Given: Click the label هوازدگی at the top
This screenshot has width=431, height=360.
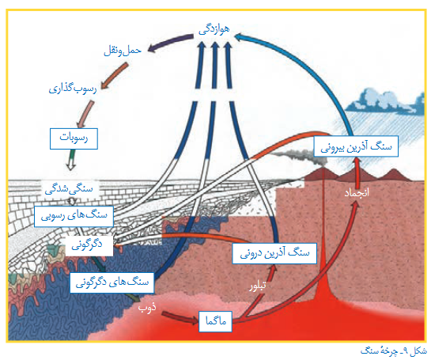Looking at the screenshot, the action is [x=214, y=29].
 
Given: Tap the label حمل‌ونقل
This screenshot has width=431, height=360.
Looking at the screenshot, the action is [x=123, y=51].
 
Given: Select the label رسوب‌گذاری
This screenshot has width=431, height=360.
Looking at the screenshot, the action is [x=73, y=89].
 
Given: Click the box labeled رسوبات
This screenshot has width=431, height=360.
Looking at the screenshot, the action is [x=74, y=138].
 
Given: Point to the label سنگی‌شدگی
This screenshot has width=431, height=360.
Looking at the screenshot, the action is [x=69, y=189].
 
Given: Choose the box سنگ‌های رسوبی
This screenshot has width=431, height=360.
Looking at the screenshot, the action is [x=74, y=217].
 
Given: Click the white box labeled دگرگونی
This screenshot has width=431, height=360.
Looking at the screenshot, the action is [x=89, y=245].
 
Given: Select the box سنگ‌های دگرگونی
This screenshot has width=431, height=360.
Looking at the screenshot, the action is [x=112, y=282].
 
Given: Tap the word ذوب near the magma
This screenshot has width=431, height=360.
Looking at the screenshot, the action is [x=147, y=308].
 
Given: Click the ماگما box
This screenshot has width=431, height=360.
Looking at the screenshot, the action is [x=215, y=321].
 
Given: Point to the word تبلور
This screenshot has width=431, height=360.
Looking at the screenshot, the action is [x=258, y=286].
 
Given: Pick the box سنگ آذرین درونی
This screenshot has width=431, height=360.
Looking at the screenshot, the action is [x=274, y=253].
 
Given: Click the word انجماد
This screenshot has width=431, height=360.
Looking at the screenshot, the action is [x=357, y=193].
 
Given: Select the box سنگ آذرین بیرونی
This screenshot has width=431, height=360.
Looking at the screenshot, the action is [x=356, y=146].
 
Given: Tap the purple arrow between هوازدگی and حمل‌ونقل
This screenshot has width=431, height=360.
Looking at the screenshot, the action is [x=170, y=42].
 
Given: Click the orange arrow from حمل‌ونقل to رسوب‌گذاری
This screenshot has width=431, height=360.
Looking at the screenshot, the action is [x=114, y=76].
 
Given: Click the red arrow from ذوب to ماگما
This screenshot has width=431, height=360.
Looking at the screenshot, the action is [x=180, y=317].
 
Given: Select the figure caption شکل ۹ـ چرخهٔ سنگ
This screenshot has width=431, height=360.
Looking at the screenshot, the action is [x=394, y=351].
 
